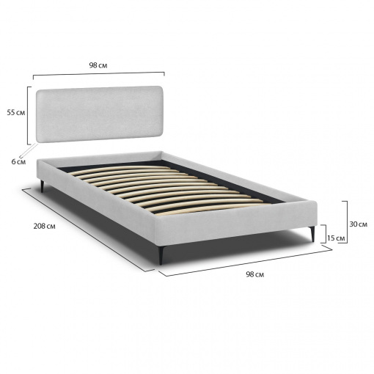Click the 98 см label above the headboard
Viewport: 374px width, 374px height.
tap(98, 65)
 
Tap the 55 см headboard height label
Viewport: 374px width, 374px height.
tap(16, 113)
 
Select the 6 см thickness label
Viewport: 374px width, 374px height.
tap(18, 161)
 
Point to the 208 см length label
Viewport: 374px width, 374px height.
tap(44, 227)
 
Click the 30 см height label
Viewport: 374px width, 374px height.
tap(358, 224)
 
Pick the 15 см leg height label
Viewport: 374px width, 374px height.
tap(336, 238)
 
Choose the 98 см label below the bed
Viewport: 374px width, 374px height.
tap(255, 274)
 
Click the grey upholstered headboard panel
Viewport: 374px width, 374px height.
tap(99, 114)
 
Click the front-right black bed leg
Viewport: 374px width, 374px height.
tap(312, 234)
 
